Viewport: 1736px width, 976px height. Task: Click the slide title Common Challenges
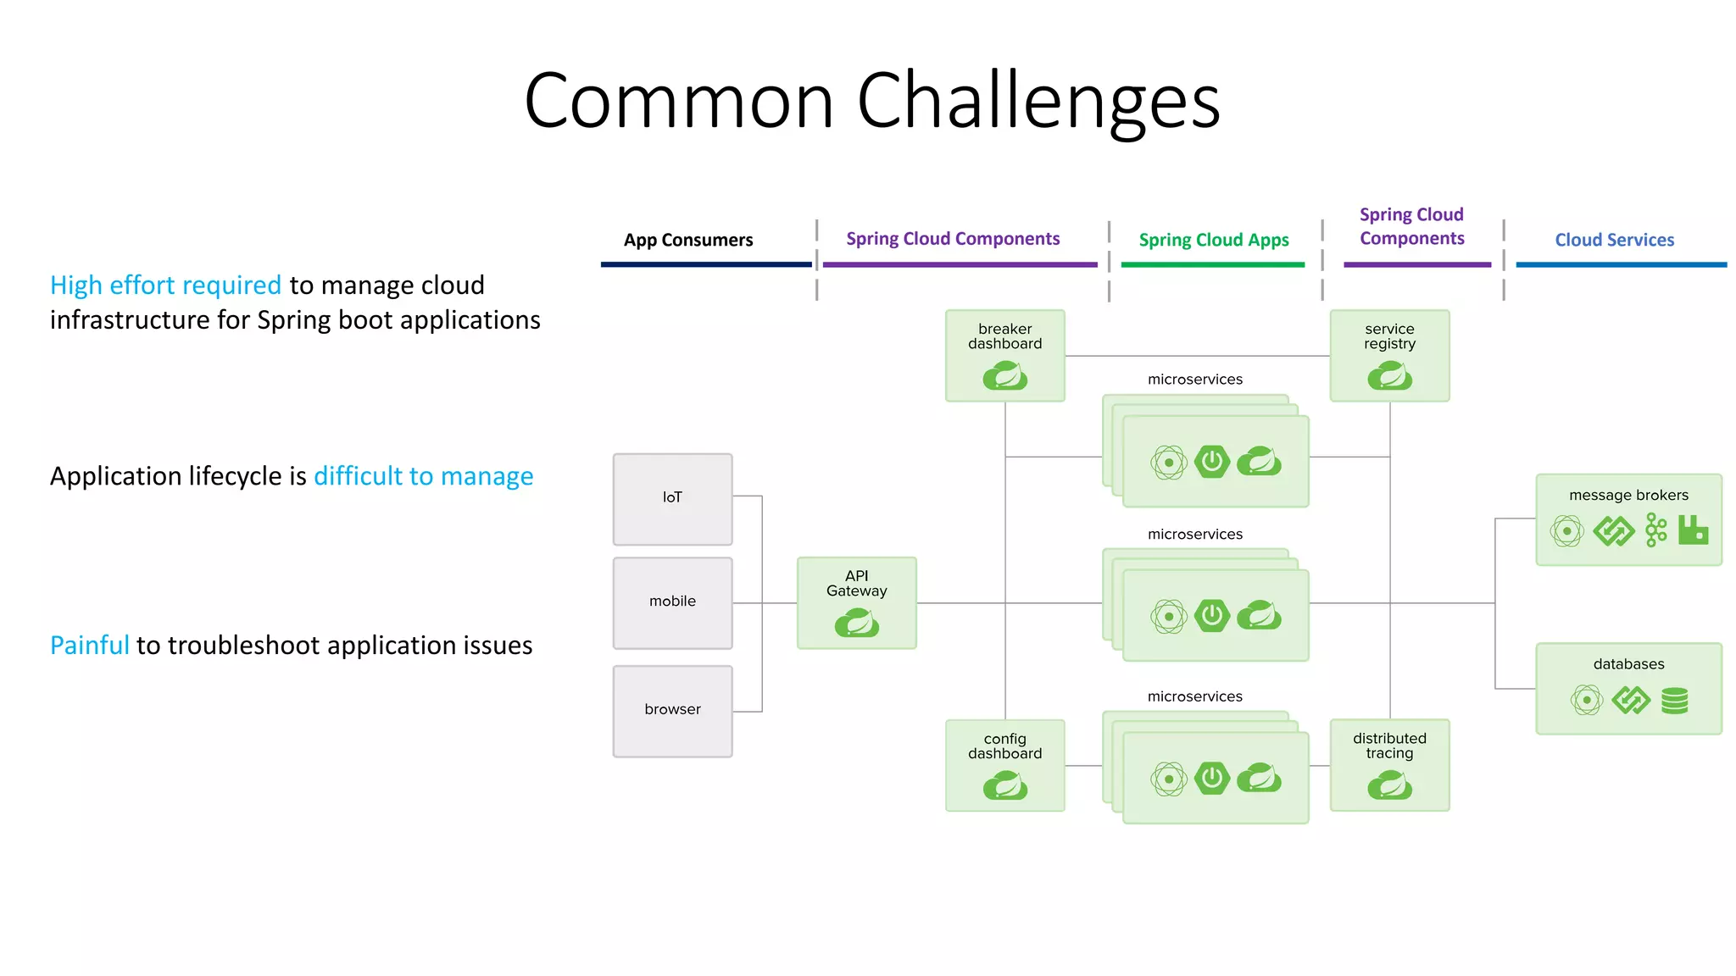pyautogui.click(x=871, y=100)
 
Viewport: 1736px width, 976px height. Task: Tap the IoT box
pyautogui.click(x=672, y=499)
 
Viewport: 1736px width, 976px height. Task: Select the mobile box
pyautogui.click(x=672, y=602)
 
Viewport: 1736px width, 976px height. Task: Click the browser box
pyautogui.click(x=672, y=711)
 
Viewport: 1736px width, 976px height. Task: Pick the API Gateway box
pyautogui.click(x=856, y=602)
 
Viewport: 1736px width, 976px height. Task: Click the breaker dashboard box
pyautogui.click(x=1004, y=355)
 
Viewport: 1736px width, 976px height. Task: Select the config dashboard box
pyautogui.click(x=1004, y=765)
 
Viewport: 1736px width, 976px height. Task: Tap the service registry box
pyautogui.click(x=1389, y=355)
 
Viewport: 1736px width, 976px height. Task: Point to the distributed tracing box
pyautogui.click(x=1389, y=765)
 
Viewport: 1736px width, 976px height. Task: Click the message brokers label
pyautogui.click(x=1627, y=495)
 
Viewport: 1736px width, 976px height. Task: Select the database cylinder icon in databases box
pyautogui.click(x=1674, y=701)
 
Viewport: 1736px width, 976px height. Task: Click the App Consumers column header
pyautogui.click(x=687, y=240)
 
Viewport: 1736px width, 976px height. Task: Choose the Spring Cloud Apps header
pyautogui.click(x=1213, y=240)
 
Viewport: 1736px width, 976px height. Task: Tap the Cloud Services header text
pyautogui.click(x=1614, y=240)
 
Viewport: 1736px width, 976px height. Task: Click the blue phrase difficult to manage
pyautogui.click(x=423, y=476)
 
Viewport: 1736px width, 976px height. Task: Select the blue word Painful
pyautogui.click(x=89, y=646)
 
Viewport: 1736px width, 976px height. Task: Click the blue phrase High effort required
pyautogui.click(x=165, y=286)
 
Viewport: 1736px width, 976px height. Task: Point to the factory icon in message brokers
pyautogui.click(x=1693, y=530)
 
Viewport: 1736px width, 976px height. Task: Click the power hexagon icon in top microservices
pyautogui.click(x=1212, y=462)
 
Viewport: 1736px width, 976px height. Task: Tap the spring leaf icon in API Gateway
pyautogui.click(x=856, y=625)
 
